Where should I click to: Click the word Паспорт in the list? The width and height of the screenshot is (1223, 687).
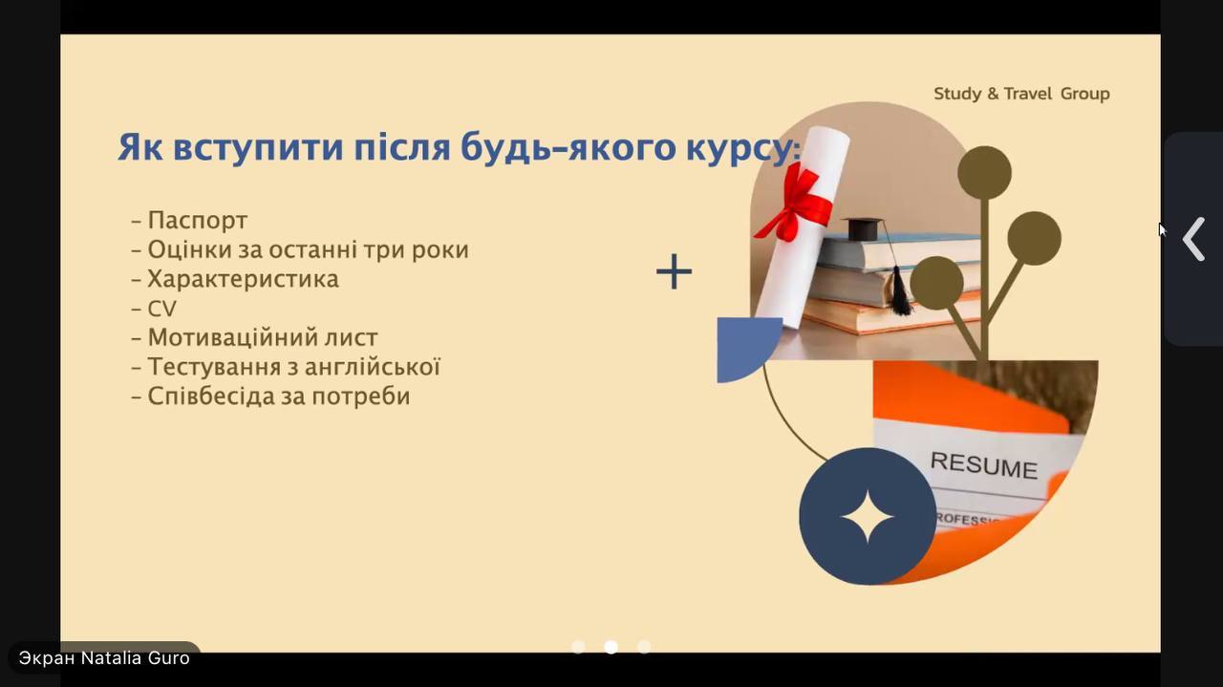[x=198, y=221]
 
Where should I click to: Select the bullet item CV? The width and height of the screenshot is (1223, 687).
[x=162, y=309]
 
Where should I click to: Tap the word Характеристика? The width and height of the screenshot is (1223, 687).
[x=243, y=279]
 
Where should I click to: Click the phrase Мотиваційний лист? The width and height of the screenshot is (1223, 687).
[x=263, y=337]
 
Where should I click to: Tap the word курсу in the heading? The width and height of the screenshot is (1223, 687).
[x=738, y=147]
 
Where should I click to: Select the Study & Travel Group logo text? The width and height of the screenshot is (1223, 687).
[x=1021, y=94]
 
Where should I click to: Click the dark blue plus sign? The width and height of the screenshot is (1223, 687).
[x=674, y=270]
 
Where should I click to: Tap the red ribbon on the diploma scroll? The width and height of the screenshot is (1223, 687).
[x=797, y=204]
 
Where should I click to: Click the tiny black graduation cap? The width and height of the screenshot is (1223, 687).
[x=863, y=228]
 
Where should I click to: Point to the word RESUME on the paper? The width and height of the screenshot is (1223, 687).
[x=984, y=465]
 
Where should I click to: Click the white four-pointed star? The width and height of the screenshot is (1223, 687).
[x=867, y=517]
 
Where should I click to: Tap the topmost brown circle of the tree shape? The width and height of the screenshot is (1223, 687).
[x=984, y=173]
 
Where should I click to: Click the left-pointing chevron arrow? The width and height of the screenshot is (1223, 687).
[x=1194, y=239]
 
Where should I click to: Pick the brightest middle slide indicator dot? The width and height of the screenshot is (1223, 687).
[x=611, y=647]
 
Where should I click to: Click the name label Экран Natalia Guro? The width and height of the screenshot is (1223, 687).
[x=104, y=658]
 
